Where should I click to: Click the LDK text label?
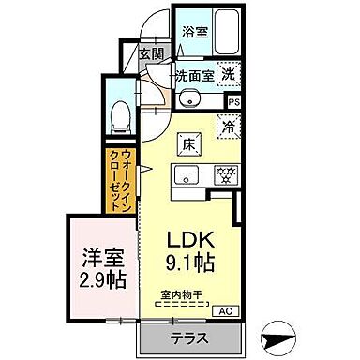190,239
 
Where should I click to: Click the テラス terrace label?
187,337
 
